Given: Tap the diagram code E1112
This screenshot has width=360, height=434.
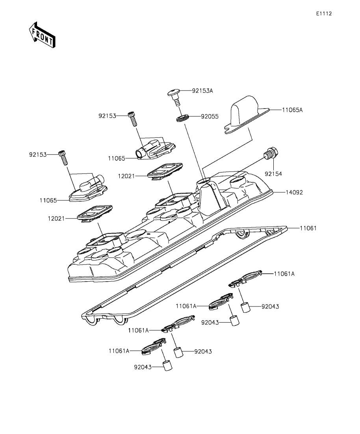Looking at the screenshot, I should click(x=323, y=13).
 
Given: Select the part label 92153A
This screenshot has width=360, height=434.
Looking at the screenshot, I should click(x=202, y=90).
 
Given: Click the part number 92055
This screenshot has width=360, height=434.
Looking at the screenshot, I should click(x=210, y=116).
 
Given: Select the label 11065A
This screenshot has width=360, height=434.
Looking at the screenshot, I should click(x=292, y=110).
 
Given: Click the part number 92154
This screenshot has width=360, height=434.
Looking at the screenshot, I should click(x=274, y=173).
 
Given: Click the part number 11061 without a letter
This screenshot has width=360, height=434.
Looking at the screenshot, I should click(x=308, y=228).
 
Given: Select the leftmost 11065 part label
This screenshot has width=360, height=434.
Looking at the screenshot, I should click(x=48, y=200).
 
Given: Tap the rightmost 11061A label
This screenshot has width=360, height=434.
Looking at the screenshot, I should click(x=284, y=273).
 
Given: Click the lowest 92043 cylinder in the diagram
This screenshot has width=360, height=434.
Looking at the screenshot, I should click(x=168, y=366).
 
